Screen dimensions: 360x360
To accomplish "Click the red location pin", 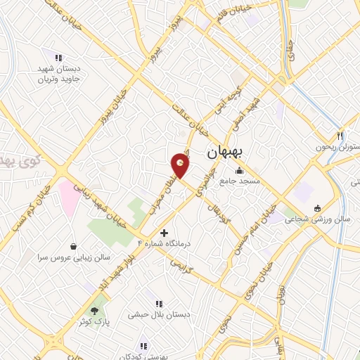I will pos(181,165).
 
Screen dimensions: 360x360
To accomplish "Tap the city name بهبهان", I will pos(223,153).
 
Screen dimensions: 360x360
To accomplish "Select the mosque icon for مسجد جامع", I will pos(240,170).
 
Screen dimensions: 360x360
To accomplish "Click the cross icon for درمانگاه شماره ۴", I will pos(164,232).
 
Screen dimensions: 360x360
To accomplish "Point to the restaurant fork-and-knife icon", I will pos(340,136).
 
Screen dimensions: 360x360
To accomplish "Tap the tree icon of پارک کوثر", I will pos(94,309).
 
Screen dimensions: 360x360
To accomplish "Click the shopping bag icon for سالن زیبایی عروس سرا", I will pos(74,246).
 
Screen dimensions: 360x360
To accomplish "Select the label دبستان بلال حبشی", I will pos(151,316).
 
